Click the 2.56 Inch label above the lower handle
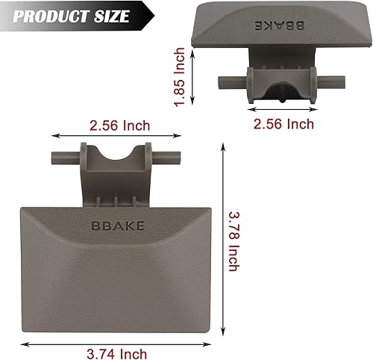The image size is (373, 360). coord(118,124)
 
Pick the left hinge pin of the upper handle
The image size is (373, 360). coord(229,81)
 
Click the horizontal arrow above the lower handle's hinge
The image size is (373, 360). coord(116,137)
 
